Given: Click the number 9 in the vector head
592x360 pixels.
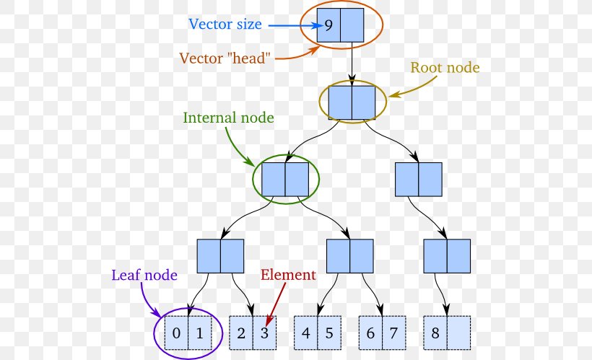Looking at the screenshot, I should click(328, 25).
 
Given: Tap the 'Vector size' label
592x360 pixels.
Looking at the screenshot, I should click(225, 24).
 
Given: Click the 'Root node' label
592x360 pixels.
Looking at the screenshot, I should click(445, 68).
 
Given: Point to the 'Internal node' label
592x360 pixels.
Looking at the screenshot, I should click(228, 117).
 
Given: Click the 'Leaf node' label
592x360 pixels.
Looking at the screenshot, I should click(144, 274).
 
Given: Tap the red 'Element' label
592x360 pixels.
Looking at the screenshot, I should click(287, 275).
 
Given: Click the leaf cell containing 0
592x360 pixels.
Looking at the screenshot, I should click(177, 333).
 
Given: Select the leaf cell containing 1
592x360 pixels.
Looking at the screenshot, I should click(200, 333).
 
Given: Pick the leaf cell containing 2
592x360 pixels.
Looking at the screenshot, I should click(241, 333).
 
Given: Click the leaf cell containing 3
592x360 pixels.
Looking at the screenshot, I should click(264, 333).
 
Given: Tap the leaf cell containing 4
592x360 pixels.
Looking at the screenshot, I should click(306, 333).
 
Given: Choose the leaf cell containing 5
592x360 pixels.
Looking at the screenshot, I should click(329, 333).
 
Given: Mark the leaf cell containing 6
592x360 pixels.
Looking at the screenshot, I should click(370, 333).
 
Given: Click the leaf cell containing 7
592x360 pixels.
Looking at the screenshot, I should click(394, 333).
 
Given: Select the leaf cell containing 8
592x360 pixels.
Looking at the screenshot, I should click(435, 333).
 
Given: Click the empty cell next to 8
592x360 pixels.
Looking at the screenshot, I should click(459, 333).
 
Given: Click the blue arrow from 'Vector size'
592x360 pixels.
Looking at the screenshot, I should click(292, 25).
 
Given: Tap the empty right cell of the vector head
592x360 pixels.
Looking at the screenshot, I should click(352, 25).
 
